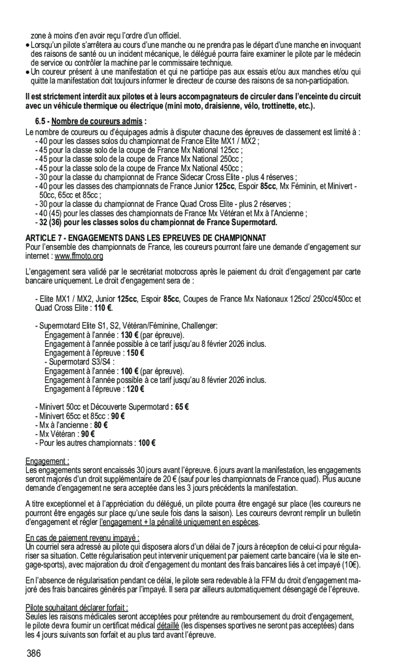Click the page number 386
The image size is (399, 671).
pos(35,654)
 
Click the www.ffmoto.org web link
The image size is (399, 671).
pos(79,256)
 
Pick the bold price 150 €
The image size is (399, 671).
pos(135,353)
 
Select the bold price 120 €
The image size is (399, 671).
pos(135,389)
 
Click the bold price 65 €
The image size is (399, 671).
pos(182,407)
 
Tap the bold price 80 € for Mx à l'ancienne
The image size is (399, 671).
pos(101,425)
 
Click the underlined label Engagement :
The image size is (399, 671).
pos(47,461)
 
